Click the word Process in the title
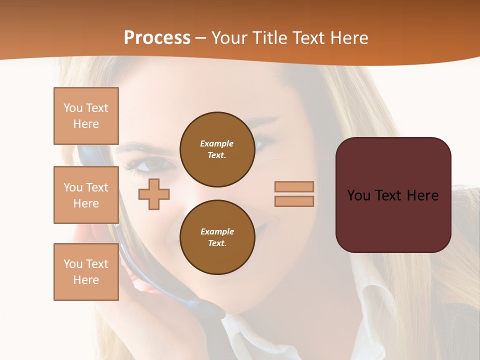(x=157, y=38)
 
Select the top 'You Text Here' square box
(x=86, y=116)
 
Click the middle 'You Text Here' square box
(x=86, y=195)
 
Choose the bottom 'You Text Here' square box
(x=86, y=271)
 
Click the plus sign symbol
(x=154, y=194)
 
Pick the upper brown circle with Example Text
(x=217, y=149)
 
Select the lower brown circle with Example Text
(x=217, y=237)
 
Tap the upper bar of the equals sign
(x=294, y=186)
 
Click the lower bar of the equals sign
(x=294, y=201)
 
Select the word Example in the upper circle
(x=217, y=143)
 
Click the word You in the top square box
(x=72, y=108)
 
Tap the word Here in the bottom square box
(x=86, y=280)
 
